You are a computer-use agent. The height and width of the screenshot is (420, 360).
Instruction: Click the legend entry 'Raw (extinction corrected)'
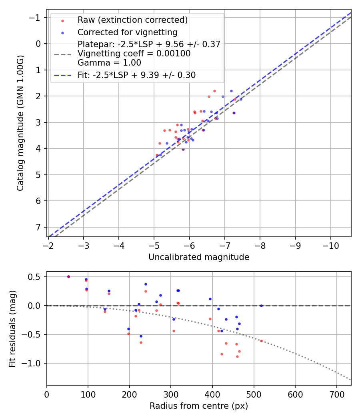coord(132,20)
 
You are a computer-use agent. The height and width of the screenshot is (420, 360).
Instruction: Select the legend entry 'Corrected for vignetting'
coord(128,32)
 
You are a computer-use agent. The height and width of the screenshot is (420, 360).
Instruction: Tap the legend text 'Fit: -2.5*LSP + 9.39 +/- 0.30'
coord(136,75)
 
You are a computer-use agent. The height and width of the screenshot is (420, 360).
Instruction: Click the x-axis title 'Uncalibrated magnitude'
coord(199,257)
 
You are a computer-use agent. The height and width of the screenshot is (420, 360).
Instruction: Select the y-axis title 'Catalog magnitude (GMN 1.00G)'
coord(20,123)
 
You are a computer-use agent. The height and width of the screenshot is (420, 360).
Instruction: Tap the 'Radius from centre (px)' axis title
coord(199,406)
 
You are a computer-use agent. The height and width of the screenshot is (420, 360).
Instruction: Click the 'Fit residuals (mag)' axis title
coord(12,329)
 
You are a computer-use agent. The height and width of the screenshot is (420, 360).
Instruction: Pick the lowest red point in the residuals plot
coord(237,356)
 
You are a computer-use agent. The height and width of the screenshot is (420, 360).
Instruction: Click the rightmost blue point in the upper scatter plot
coord(241,99)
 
